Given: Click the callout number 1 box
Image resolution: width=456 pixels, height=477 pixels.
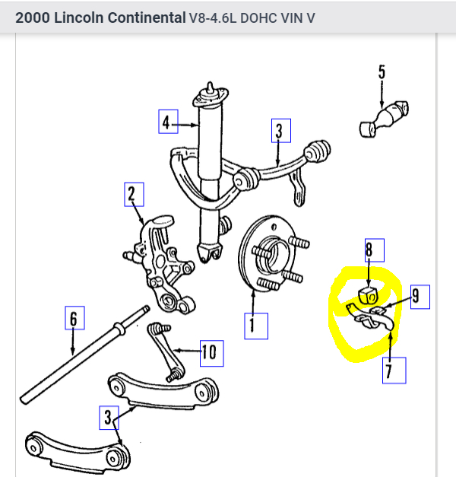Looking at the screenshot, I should (x=255, y=326).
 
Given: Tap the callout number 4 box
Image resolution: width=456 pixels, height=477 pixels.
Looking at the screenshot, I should (x=168, y=121).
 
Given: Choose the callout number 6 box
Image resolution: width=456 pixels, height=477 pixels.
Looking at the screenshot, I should (x=73, y=320).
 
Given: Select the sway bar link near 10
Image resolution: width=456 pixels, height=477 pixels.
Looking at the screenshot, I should (x=164, y=350).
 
